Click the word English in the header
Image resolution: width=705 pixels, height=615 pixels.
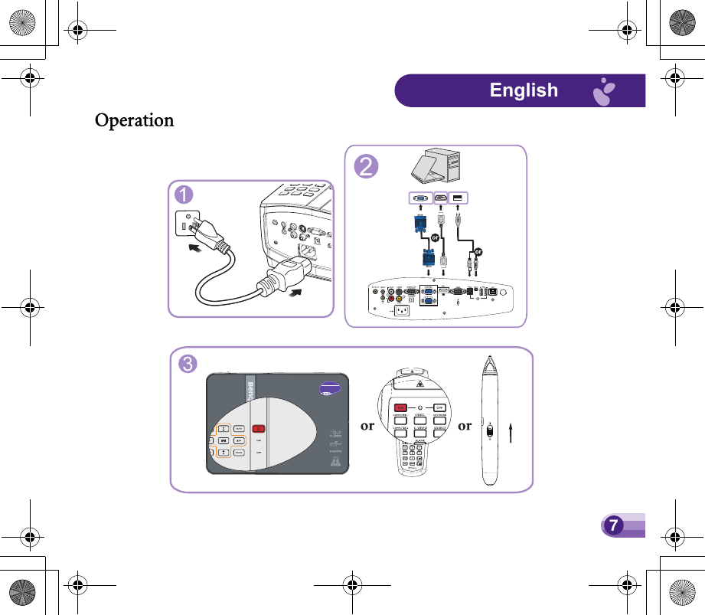click(x=524, y=90)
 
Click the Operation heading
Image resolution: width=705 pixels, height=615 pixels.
click(x=134, y=121)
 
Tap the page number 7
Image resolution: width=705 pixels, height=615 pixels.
click(x=612, y=525)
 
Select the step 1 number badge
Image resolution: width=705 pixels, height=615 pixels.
click(x=182, y=195)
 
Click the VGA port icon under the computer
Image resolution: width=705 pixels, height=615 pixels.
click(x=419, y=198)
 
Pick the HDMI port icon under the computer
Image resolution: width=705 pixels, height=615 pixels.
click(x=442, y=198)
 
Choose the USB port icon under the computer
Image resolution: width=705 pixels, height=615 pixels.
click(x=458, y=198)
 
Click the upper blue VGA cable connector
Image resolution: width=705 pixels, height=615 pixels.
click(x=419, y=223)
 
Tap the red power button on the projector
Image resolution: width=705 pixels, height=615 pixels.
click(x=259, y=428)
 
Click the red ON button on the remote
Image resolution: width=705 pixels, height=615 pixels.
click(x=400, y=407)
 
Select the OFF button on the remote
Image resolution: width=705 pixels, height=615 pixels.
click(x=440, y=407)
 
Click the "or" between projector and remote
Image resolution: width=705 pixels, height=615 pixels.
click(x=367, y=426)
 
